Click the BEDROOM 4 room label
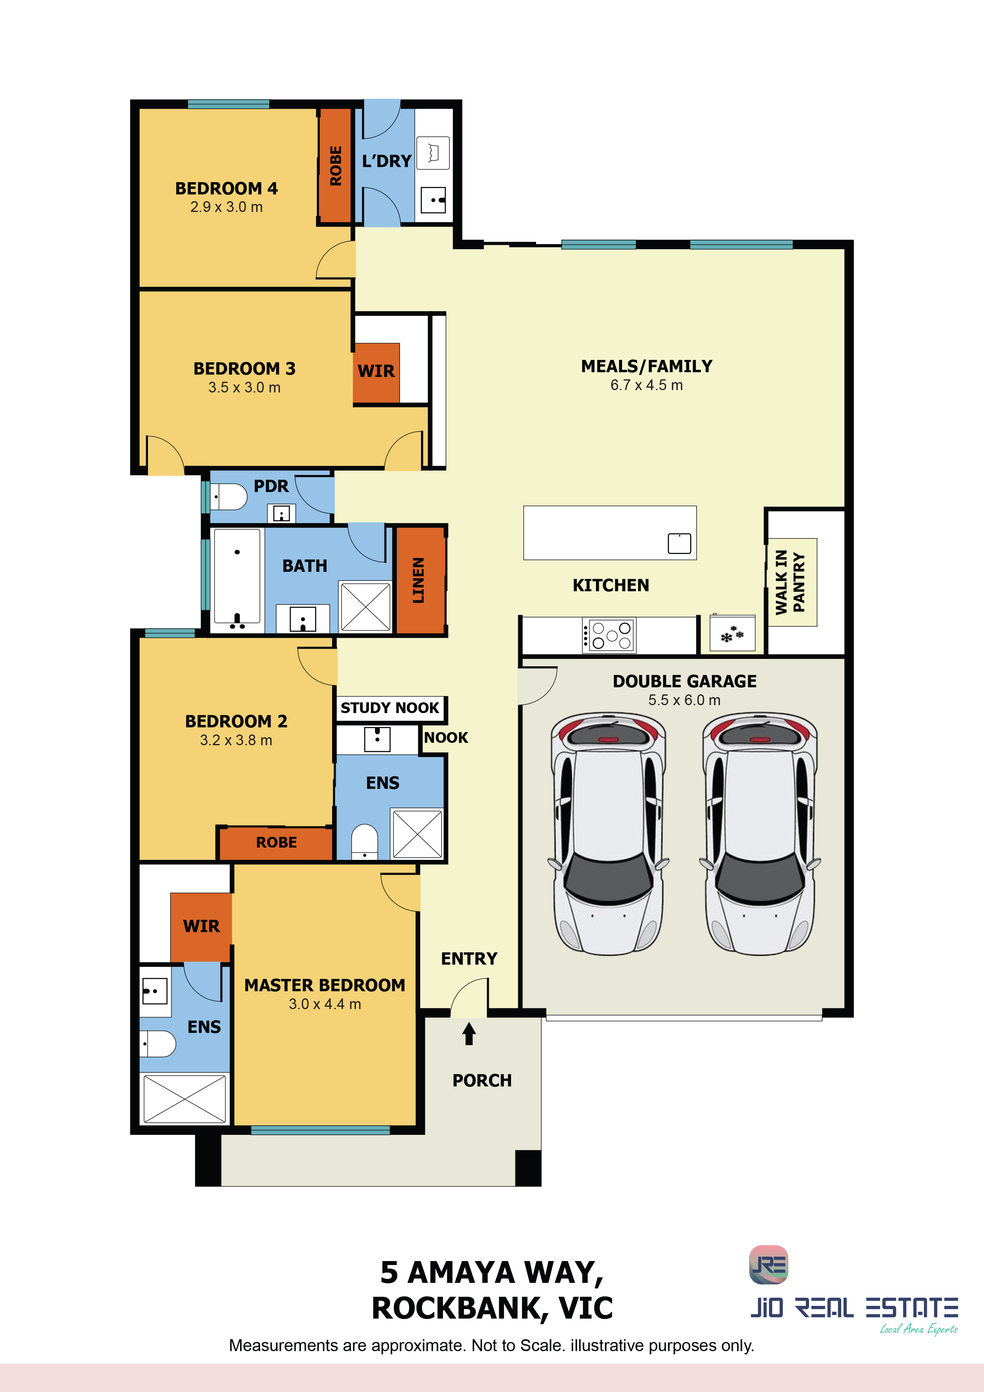point(226,188)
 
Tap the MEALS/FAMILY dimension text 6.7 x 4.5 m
point(646,385)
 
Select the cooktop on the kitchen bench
point(609,635)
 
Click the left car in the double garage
point(608,834)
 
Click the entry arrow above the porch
point(469,1034)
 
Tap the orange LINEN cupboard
point(419,580)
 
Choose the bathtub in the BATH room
point(237,580)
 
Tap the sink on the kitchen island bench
point(679,543)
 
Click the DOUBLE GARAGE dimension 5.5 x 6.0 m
point(684,700)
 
